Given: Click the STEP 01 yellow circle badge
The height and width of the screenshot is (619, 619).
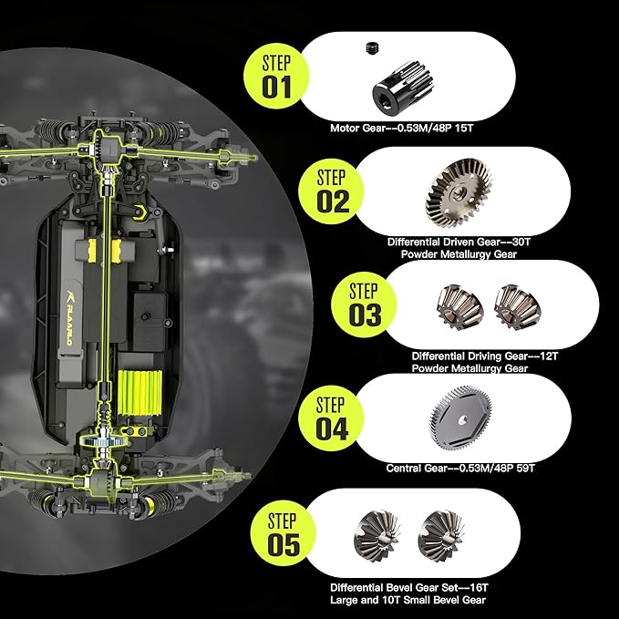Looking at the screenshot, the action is [276, 77].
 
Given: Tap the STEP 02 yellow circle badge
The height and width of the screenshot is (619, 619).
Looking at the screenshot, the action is [331, 191].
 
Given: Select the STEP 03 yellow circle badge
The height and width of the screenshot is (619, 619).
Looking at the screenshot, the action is [364, 304].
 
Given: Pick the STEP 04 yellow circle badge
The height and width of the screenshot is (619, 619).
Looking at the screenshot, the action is [331, 418].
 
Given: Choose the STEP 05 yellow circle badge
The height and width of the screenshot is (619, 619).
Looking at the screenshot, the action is [283, 533].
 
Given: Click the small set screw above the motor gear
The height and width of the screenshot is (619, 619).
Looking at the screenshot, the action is [370, 47].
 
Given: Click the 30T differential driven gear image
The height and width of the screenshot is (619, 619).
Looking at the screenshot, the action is [459, 192].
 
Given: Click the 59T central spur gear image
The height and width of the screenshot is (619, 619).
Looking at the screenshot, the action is [460, 418].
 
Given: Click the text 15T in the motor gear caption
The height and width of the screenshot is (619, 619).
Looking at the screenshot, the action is [464, 128].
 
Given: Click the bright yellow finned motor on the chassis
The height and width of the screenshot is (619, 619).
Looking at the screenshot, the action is [140, 392].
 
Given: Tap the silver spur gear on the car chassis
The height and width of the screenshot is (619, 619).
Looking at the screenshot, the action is [103, 441].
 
